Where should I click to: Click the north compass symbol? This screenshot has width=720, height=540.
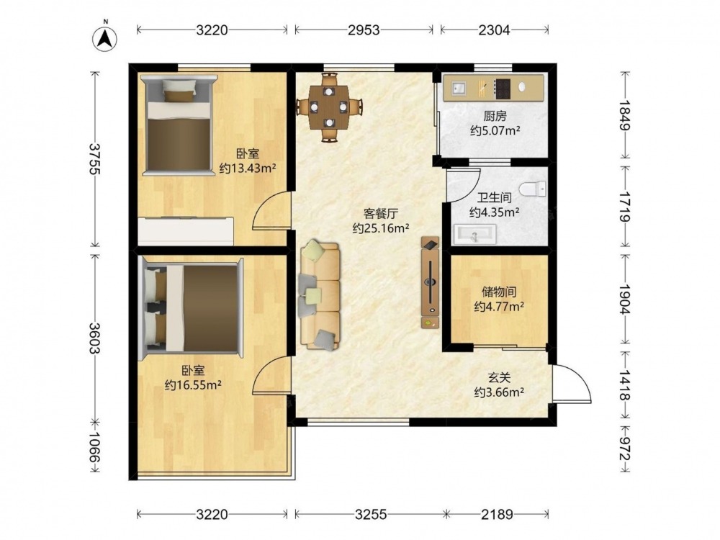tap(104, 39)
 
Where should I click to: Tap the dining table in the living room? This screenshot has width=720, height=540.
tap(329, 107)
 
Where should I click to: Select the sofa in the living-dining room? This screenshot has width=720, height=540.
tap(320, 295)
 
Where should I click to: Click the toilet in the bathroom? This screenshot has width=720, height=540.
tap(533, 189)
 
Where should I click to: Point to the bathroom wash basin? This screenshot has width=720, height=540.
tap(475, 234)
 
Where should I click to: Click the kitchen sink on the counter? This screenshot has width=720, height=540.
tap(459, 87)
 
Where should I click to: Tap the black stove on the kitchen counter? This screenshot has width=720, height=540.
tap(503, 89)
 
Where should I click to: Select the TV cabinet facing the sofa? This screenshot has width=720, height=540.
tap(431, 282)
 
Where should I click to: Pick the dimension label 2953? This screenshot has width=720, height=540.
tap(364, 30)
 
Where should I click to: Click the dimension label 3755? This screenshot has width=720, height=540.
tap(94, 159)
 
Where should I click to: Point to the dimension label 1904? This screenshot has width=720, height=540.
tap(624, 299)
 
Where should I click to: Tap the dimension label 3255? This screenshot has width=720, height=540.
tap(371, 514)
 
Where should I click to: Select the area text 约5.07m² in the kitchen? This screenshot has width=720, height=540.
tap(495, 131)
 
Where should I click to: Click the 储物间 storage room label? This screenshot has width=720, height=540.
tap(499, 292)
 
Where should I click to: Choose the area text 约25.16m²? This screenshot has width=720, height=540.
tap(381, 228)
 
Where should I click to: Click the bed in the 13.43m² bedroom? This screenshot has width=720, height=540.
tap(179, 125)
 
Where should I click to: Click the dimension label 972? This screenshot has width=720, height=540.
tap(624, 448)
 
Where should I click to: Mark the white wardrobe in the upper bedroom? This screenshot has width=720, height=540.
tap(186, 231)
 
